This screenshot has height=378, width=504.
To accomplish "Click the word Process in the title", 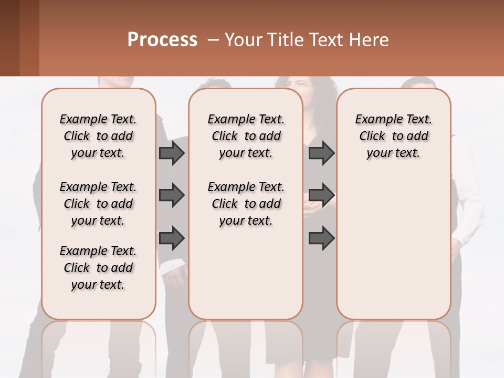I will point(162,40).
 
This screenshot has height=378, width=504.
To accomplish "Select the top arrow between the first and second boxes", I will point(172,153).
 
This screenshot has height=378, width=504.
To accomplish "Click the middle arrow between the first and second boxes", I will point(172,195).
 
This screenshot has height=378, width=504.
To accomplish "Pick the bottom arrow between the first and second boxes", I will point(172,238).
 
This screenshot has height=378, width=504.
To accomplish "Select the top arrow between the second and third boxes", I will point(321,153).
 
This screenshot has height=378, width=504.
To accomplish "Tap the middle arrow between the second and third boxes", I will point(321,195).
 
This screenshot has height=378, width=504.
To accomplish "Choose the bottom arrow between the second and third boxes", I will point(321,238).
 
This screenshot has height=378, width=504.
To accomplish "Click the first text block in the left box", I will point(98,136).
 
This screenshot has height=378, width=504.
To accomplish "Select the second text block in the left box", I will point(98,204).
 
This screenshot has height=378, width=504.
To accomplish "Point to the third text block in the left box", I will point(98,268).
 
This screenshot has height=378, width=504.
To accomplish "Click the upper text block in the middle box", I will point(246,136).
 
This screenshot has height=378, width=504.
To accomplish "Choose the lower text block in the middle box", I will point(246,204).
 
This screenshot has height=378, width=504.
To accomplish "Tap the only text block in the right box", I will point(394,136).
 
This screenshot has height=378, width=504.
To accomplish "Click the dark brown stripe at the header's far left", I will point(9,38).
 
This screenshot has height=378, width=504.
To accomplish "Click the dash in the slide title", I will point(213,40).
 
